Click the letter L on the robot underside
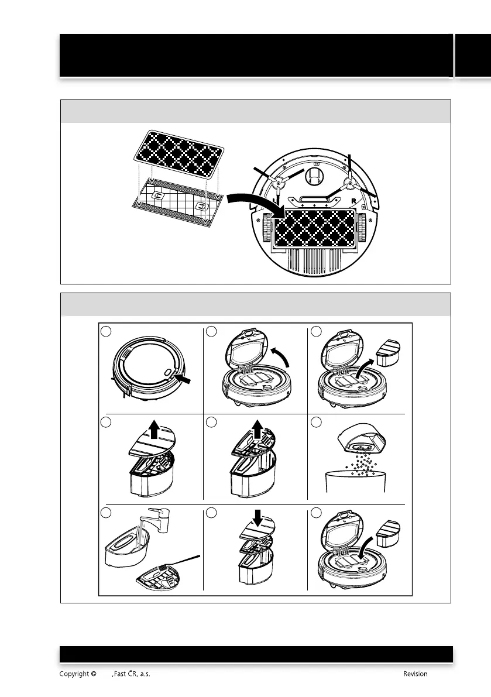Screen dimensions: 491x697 [273, 200]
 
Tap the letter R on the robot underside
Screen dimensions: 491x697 [355, 200]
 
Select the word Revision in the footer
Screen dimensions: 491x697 [415, 674]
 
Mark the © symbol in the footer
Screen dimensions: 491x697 [94, 674]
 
